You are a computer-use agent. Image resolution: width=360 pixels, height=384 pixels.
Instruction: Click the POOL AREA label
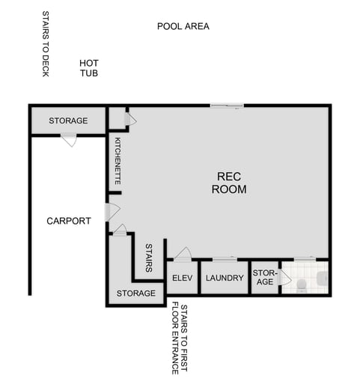tap(183, 26)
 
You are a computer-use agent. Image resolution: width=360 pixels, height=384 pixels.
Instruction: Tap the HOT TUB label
tap(89, 68)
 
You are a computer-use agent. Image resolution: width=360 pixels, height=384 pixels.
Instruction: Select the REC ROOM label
tap(228, 183)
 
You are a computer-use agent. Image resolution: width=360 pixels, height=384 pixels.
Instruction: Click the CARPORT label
tap(68, 221)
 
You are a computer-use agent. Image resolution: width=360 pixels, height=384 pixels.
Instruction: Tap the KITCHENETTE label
tap(118, 161)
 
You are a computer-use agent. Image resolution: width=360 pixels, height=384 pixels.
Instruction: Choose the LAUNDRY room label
tap(225, 278)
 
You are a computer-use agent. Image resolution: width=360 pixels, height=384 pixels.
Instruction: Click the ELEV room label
tap(183, 278)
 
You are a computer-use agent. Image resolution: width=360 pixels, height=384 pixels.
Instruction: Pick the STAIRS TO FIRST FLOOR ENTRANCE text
tap(179, 338)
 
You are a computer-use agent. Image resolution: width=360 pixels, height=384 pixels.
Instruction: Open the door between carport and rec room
tap(112, 212)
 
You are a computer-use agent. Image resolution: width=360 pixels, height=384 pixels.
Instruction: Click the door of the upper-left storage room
tap(69, 139)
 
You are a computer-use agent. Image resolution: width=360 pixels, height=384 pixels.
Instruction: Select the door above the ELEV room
tap(183, 254)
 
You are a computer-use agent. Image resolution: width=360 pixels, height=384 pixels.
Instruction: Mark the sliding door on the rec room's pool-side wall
tap(227, 106)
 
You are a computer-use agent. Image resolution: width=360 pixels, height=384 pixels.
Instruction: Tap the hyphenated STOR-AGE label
tap(264, 277)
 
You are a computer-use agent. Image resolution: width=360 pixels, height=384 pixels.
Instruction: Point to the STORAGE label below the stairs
tap(135, 293)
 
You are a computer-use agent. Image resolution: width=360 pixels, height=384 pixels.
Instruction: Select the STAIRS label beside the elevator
tap(149, 257)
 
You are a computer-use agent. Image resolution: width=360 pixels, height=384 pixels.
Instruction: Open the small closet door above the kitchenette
tap(130, 119)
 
